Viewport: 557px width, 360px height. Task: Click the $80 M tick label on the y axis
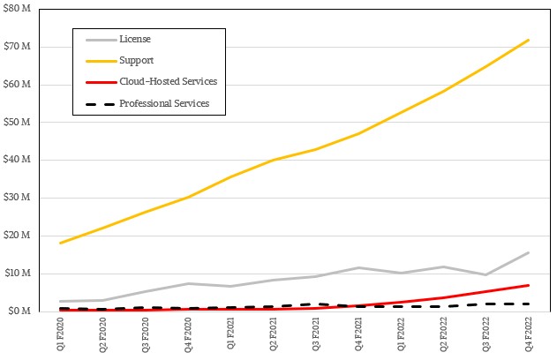pyautogui.click(x=19, y=10)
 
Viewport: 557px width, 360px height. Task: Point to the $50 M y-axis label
pyautogui.click(x=19, y=122)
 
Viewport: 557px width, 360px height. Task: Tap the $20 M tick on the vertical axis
pyautogui.click(x=19, y=236)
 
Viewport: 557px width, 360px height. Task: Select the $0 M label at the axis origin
pyautogui.click(x=21, y=311)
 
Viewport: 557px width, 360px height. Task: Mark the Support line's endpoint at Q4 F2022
pyautogui.click(x=529, y=40)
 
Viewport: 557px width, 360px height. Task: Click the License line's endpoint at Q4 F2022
pyautogui.click(x=529, y=252)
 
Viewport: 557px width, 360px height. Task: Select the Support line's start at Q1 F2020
pyautogui.click(x=60, y=243)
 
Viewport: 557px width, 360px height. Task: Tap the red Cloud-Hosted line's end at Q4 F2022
pyautogui.click(x=529, y=285)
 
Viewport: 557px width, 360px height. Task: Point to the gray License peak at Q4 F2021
pyautogui.click(x=359, y=267)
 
